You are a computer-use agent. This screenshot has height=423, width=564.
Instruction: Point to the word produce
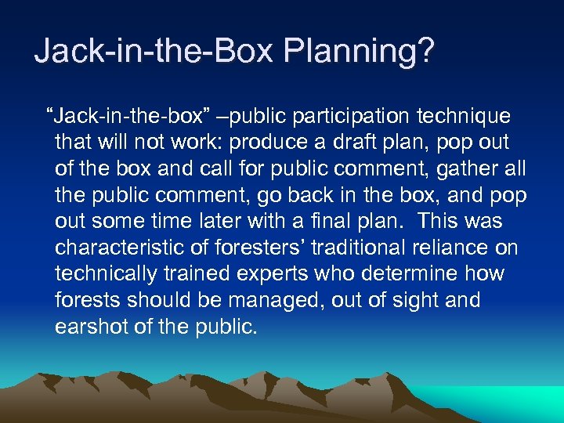click(292, 143)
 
